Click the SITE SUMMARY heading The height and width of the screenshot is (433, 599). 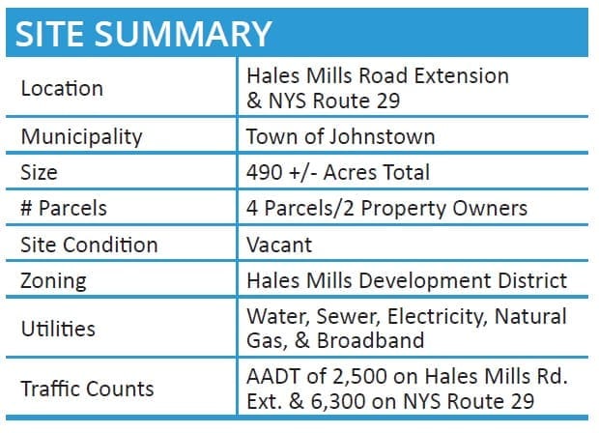143,34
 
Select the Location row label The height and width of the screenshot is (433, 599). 62,88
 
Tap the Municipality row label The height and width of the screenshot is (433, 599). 81,137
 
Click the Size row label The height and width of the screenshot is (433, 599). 39,172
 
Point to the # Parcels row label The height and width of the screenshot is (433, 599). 64,208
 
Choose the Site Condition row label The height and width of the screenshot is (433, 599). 89,245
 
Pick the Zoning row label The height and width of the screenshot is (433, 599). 53,281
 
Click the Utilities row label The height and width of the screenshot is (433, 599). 58,329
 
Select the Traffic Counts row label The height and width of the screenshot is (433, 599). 88,389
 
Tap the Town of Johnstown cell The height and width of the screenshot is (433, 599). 341,136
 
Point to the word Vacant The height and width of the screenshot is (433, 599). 279,245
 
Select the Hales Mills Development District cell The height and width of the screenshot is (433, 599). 407,281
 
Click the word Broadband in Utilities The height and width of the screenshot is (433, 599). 371,340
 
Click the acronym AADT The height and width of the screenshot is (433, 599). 273,376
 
